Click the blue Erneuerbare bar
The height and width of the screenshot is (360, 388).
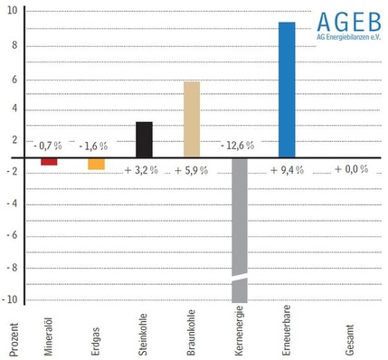pos(287,89)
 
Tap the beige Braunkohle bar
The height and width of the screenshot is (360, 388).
pos(192,118)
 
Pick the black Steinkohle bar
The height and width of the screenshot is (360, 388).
pos(144,138)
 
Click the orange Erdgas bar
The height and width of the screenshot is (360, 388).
pos(96,164)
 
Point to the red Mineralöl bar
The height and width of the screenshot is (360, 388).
pos(49,161)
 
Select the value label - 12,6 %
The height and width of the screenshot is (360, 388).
pos(238,145)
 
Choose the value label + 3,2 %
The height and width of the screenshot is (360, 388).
pos(143,169)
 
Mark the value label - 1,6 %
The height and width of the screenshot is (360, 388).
pos(93,145)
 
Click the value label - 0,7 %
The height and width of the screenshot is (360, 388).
pos(47,145)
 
